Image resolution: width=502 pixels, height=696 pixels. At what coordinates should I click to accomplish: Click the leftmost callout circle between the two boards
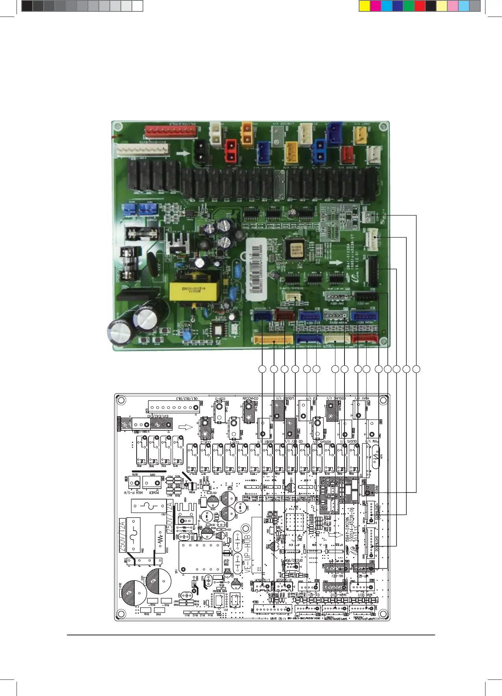coord(262,369)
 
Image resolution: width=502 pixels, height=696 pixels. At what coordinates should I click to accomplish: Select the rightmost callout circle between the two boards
coord(417,369)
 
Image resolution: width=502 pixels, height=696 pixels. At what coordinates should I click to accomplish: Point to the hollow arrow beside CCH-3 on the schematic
coord(185,428)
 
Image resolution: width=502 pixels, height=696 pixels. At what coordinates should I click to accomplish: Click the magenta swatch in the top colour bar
coord(375,6)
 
